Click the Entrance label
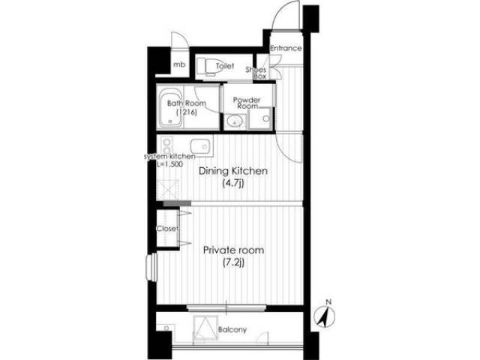(286, 48)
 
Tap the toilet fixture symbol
(209, 66)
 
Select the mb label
(179, 64)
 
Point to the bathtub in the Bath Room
(170, 108)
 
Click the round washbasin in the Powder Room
(235, 121)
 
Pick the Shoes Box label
(256, 73)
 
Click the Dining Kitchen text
(233, 171)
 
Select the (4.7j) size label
(233, 184)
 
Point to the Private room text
(233, 250)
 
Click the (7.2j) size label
(233, 262)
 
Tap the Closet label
(167, 228)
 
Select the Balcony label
(232, 330)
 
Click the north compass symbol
(325, 315)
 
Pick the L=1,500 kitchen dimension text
(170, 164)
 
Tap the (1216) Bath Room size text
(187, 112)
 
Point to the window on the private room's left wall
(151, 267)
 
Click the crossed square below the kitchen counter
(167, 190)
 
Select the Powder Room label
(247, 103)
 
